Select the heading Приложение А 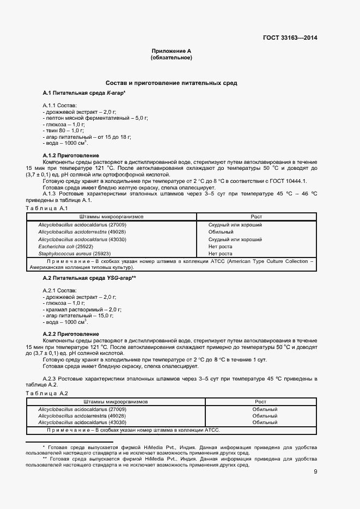[x=171, y=51]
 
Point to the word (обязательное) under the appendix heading [x=171, y=57]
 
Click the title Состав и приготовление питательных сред [x=171, y=83]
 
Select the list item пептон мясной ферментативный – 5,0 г [x=95, y=118]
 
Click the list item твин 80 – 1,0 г [x=63, y=131]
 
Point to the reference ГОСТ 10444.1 [x=289, y=181]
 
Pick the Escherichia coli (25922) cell [x=65, y=246]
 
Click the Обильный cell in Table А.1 [x=221, y=232]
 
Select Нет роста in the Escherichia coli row [x=220, y=246]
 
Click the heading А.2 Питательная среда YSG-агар [x=89, y=278]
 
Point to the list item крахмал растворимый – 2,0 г [x=82, y=309]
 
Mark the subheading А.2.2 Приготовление [x=71, y=334]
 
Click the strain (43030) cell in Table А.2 [x=82, y=422]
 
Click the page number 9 [x=315, y=471]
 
